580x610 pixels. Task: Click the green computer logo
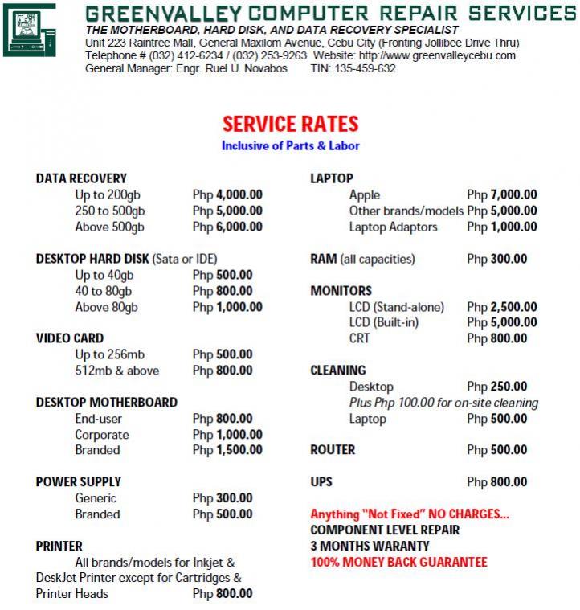tap(30, 30)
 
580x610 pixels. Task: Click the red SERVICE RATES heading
tap(290, 124)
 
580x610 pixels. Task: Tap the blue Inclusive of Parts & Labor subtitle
tap(290, 146)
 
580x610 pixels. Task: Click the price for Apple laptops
tap(502, 194)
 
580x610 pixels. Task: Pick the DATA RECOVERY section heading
tap(81, 178)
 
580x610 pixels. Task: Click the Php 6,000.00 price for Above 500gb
tap(227, 227)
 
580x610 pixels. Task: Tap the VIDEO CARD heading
tap(70, 338)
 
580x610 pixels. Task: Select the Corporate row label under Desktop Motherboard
tap(102, 435)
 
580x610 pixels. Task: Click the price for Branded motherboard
tap(227, 450)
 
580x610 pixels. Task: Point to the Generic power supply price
tap(223, 498)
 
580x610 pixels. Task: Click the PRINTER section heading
tap(59, 546)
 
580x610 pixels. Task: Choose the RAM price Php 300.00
tap(497, 259)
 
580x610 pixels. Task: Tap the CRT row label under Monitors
tap(360, 338)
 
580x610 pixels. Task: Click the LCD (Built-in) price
tap(502, 322)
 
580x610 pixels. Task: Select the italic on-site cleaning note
tap(443, 403)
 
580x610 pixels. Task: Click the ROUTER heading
tap(333, 450)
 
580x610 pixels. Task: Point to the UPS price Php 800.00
tap(497, 482)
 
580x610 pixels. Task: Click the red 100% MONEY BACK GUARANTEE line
tap(398, 562)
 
